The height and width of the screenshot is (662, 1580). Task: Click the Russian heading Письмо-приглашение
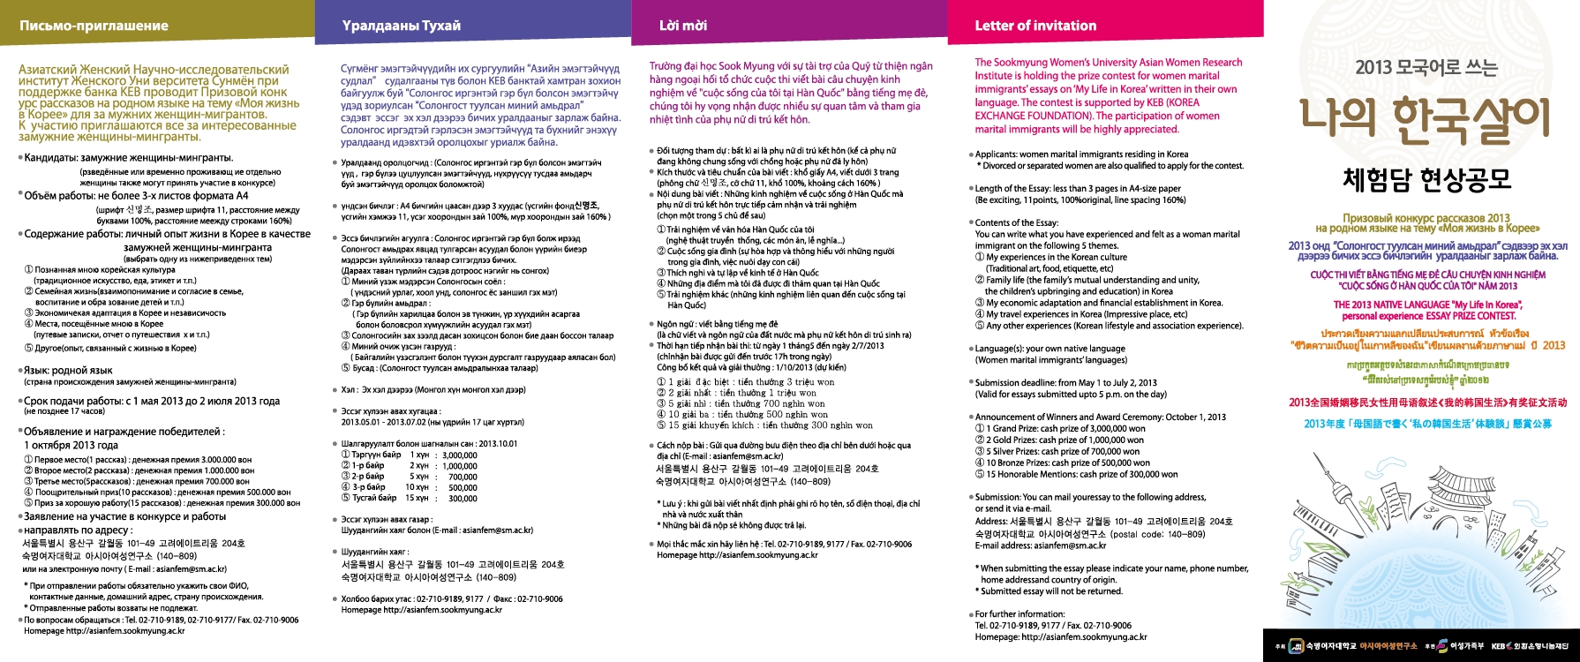click(x=94, y=26)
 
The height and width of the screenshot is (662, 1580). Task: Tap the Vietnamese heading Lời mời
click(x=683, y=26)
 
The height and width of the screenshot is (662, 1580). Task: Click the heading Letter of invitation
click(x=1035, y=26)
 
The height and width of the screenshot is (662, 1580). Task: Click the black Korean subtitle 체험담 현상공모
click(x=1426, y=179)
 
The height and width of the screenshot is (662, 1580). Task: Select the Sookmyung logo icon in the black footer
click(x=1296, y=646)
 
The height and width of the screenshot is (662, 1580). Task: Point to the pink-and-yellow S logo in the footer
click(x=1441, y=646)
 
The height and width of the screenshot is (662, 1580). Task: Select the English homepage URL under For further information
click(x=1060, y=636)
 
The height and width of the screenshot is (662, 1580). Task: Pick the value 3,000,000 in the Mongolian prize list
click(x=459, y=455)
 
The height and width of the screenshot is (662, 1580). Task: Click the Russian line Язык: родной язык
click(x=69, y=371)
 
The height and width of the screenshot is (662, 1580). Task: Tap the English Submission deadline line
click(x=1065, y=383)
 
